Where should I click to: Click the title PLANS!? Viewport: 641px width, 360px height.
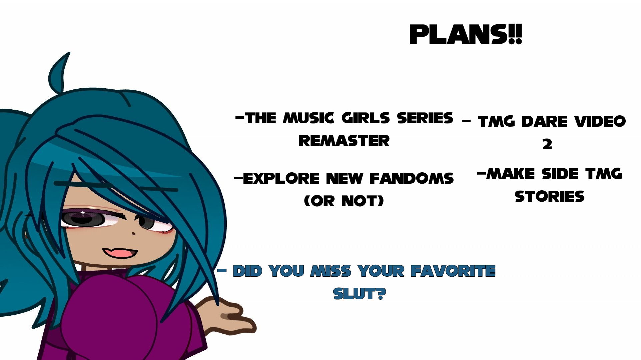(x=466, y=34)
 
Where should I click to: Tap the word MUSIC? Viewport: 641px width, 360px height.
(x=308, y=118)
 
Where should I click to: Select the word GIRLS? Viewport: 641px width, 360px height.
(x=366, y=118)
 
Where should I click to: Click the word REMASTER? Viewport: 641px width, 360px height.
(x=344, y=141)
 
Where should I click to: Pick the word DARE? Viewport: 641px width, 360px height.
(x=544, y=121)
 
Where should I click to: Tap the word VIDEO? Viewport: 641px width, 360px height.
(x=600, y=121)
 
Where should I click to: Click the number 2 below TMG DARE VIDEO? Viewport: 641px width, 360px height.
(x=547, y=144)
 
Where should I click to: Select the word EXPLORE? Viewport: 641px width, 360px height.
(x=281, y=178)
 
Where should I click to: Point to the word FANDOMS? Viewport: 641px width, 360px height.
(x=412, y=178)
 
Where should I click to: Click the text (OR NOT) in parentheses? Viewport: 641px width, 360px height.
(x=344, y=201)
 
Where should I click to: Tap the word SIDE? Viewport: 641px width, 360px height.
(x=559, y=174)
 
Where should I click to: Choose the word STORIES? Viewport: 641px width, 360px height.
(x=549, y=197)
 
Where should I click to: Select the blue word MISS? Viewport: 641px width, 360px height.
(x=331, y=271)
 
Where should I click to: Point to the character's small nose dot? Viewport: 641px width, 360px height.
(x=134, y=233)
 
